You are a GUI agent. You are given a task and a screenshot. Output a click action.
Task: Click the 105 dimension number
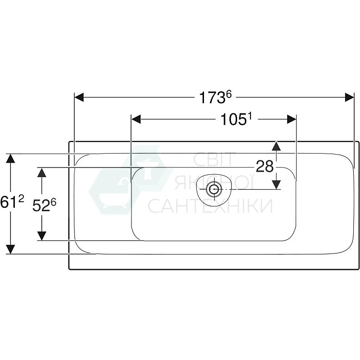[234, 120]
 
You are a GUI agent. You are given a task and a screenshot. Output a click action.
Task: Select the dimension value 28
[264, 167]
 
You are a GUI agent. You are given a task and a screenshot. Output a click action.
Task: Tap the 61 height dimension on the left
[10, 203]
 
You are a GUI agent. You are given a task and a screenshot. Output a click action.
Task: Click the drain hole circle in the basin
[213, 189]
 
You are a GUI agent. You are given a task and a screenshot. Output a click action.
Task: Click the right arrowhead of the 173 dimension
[349, 97]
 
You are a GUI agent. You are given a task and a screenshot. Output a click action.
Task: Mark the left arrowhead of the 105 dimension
[136, 119]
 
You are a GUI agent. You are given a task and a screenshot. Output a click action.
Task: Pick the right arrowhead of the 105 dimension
[291, 119]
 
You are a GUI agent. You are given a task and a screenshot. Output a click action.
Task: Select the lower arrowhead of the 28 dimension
[276, 184]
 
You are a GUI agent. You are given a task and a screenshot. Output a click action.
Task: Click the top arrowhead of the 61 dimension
[11, 158]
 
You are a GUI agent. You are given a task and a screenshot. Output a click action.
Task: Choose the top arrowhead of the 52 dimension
[42, 172]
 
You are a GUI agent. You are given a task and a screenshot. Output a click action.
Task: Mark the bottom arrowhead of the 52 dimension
[42, 235]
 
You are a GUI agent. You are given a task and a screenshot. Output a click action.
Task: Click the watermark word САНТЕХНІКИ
[210, 206]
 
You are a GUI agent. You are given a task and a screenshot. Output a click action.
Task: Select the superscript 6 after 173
[229, 94]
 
